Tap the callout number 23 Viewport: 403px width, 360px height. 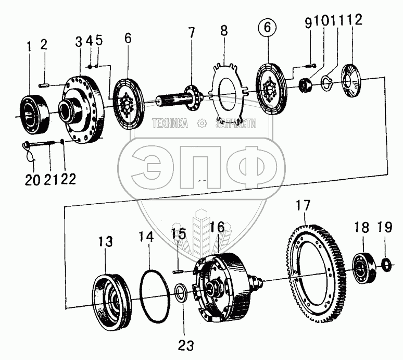[186, 344]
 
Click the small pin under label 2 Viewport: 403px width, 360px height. [44, 82]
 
